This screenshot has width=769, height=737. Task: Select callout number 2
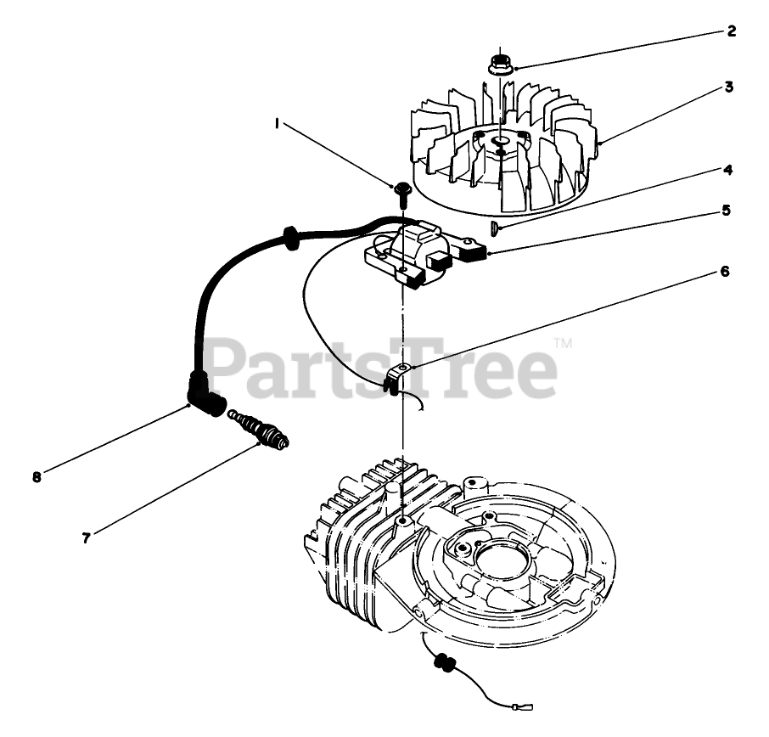click(x=731, y=32)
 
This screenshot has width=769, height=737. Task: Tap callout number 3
click(x=729, y=87)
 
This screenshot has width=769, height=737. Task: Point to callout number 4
click(x=727, y=169)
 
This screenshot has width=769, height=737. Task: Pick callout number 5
click(x=725, y=210)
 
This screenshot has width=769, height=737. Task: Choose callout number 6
click(x=724, y=272)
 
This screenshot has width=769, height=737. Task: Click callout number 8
click(x=36, y=477)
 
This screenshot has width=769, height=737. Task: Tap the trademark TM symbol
click(x=563, y=343)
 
